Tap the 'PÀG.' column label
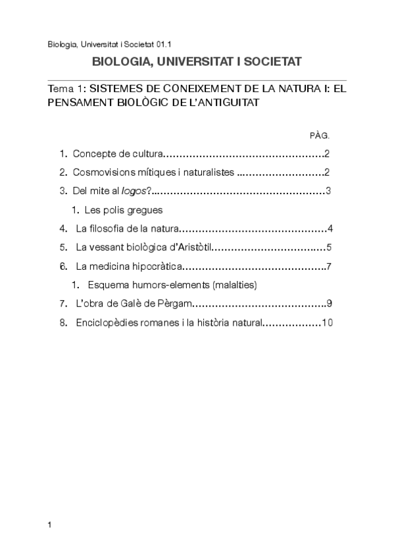tap(319, 135)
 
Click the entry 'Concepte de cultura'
tap(117, 155)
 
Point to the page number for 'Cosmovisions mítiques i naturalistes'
tap(327, 173)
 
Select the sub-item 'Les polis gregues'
tap(123, 211)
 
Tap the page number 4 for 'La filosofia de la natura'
tap(330, 229)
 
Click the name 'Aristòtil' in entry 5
tap(191, 248)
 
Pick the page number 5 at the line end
tap(328, 248)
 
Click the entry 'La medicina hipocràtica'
tap(128, 266)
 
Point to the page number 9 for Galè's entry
tap(328, 304)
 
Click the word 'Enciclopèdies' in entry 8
tap(105, 322)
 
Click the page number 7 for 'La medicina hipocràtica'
tap(328, 266)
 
